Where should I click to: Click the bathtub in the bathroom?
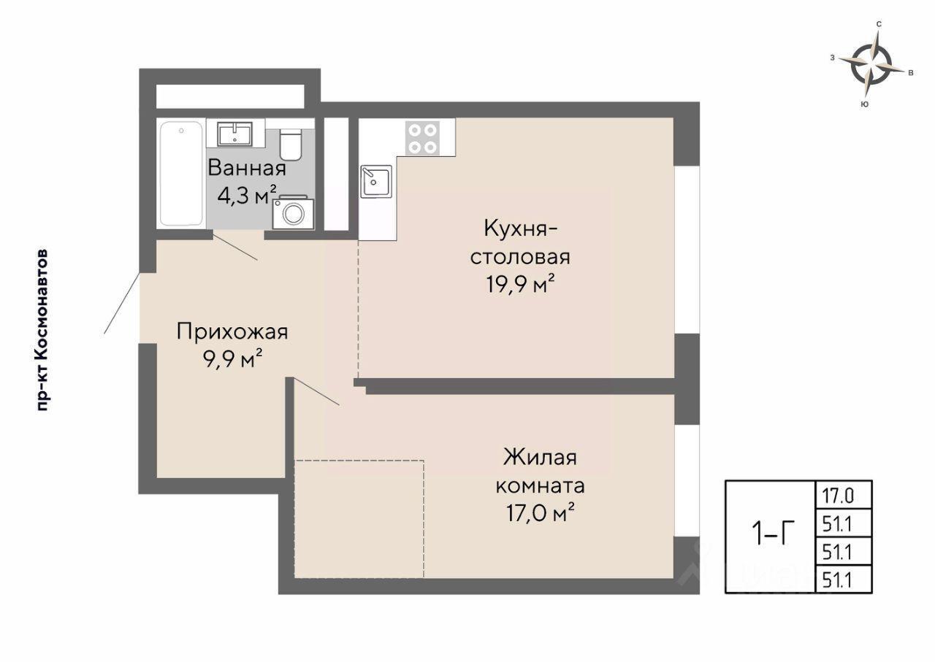point(181,174)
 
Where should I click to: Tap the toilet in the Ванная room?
point(291,144)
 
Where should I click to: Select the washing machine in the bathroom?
point(293,212)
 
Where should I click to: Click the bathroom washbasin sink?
point(235,134)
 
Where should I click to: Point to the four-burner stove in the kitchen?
point(422,138)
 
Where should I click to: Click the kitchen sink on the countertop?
point(376,182)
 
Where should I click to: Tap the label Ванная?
point(247,168)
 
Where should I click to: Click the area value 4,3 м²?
point(247,195)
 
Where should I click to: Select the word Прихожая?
point(232,332)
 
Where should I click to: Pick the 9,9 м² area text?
point(232,358)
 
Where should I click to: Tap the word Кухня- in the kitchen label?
point(520,229)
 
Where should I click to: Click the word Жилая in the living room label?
point(541,457)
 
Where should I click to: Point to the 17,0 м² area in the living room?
point(541,512)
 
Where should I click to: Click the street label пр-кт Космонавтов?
point(43,331)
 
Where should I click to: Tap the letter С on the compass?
point(879,24)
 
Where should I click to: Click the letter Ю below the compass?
point(865,104)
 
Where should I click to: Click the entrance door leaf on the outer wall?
point(121,303)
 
